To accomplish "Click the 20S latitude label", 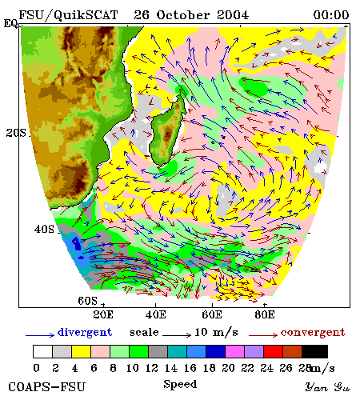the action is click(16, 133).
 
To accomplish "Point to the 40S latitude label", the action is click(44, 229).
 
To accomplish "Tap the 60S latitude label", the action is click(88, 301).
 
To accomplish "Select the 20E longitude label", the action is click(103, 314).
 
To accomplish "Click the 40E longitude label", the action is click(156, 314).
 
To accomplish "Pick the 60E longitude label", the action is click(212, 314).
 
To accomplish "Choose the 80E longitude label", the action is click(265, 314).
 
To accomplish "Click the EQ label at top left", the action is click(10, 23).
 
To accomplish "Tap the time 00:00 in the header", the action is click(331, 15).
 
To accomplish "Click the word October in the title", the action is click(183, 15).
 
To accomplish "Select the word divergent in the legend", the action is click(85, 332).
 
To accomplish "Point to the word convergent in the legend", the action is click(313, 332).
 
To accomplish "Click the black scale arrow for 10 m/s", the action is click(177, 335).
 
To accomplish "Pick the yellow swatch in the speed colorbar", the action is click(81, 351).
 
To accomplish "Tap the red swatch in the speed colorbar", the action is click(273, 351).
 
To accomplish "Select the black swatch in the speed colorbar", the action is click(314, 351).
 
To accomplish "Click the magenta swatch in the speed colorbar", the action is click(234, 351).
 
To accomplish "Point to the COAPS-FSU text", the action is click(46, 387).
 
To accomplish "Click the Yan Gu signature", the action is click(328, 387).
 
